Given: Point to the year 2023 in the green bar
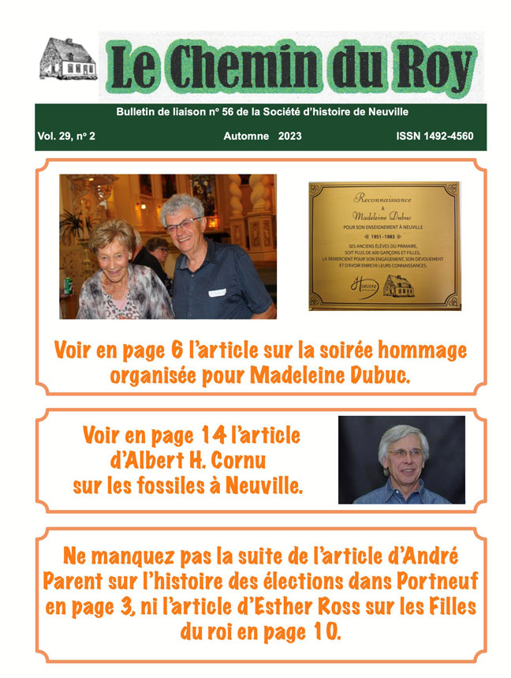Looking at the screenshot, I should click(x=289, y=137).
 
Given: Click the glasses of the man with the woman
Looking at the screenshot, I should click(x=182, y=225).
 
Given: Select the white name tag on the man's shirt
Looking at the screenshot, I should click(x=217, y=293).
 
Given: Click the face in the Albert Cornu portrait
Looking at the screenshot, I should click(x=401, y=462).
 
